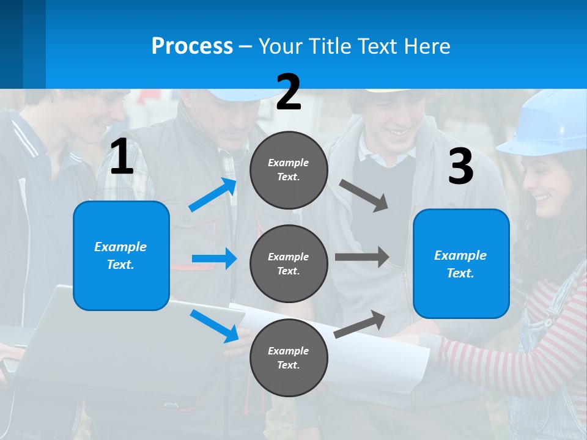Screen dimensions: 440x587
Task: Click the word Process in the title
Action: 192,46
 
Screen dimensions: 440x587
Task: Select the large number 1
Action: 122,157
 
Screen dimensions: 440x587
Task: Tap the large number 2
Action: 289,92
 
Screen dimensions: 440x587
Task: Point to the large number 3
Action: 460,166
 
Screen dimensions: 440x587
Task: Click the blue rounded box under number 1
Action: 121,255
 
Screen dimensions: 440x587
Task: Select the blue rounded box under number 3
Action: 461,263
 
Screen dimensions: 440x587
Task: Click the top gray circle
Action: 289,170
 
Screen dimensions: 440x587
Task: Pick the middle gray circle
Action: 289,263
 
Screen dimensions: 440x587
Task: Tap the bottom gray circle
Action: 289,358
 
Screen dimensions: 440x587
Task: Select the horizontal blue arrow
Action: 214,258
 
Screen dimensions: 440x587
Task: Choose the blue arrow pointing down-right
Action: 214,326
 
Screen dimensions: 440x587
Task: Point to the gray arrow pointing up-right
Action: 360,324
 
